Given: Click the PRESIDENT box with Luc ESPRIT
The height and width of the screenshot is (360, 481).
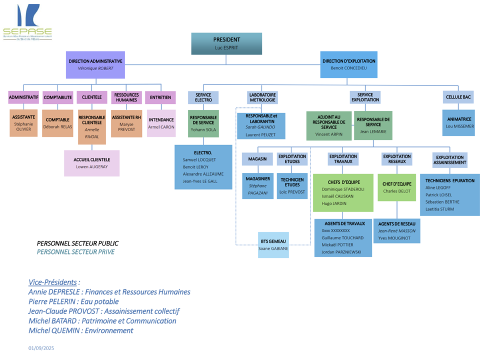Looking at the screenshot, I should pos(226,43).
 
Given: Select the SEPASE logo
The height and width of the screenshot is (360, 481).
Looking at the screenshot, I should pos(27,22).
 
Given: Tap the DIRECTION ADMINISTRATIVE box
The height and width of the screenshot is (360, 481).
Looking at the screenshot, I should pos(95,65).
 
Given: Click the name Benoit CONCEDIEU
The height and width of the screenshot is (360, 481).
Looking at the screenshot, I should pos(349,68).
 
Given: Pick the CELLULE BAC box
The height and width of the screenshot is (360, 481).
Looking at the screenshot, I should pos(459,97).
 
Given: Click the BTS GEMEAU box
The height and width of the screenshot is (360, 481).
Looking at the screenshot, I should pos(273,245).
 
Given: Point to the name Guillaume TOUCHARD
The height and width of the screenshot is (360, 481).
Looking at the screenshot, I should pos(342,238).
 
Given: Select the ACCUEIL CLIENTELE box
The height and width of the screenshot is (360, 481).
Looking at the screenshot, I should pos(92,163).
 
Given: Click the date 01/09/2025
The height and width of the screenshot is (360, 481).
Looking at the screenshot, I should pos(41,348).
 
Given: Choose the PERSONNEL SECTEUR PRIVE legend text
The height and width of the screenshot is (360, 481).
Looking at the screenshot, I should pos(75,252).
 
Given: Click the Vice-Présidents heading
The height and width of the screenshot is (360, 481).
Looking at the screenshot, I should pos(53,282).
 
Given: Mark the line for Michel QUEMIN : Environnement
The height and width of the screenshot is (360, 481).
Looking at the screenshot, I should pos(81,331).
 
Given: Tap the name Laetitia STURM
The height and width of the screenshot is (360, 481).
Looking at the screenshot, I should pos(440,209).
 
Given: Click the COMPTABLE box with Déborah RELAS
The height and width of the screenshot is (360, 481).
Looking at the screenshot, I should pos(58,123).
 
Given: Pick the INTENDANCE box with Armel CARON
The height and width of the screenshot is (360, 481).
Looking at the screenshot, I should pos(161,123).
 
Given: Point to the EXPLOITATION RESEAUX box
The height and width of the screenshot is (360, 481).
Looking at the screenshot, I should pos(397,159).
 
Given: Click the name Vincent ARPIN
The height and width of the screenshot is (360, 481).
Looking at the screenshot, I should pos(329,134).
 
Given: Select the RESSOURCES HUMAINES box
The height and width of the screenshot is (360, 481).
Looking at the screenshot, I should pos(126,97).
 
